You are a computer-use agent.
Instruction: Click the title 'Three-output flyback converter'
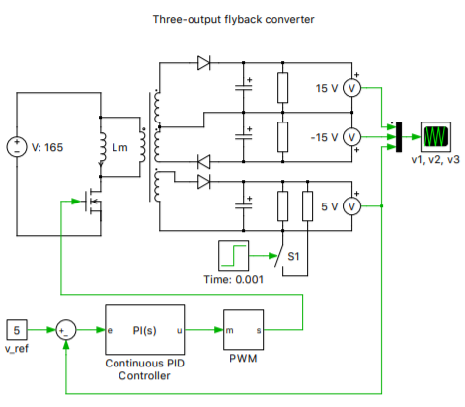(233, 19)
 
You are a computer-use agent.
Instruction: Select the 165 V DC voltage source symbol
(17, 147)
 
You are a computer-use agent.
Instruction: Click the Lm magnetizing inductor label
(120, 148)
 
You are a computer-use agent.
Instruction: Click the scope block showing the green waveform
(434, 135)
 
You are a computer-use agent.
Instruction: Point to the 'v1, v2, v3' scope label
(434, 158)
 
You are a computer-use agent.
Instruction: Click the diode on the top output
(204, 63)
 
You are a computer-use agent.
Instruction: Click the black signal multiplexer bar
(397, 135)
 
